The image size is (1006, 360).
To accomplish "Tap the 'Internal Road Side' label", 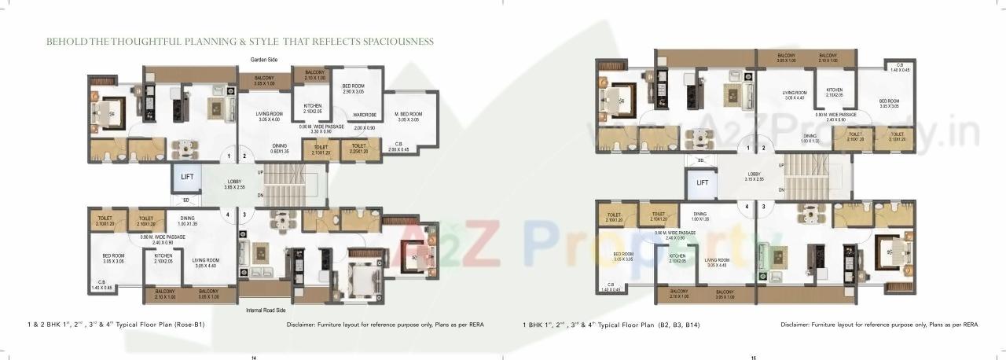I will [267, 311].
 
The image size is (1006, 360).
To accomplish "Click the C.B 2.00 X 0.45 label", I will [398, 146].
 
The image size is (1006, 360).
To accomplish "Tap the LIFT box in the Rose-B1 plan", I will [187, 178].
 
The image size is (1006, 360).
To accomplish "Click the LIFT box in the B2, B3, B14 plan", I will [701, 183].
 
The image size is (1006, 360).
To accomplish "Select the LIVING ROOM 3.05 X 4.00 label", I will [269, 116].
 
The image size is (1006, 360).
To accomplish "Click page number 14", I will [253, 358].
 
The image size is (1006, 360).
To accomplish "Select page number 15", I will [752, 358].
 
